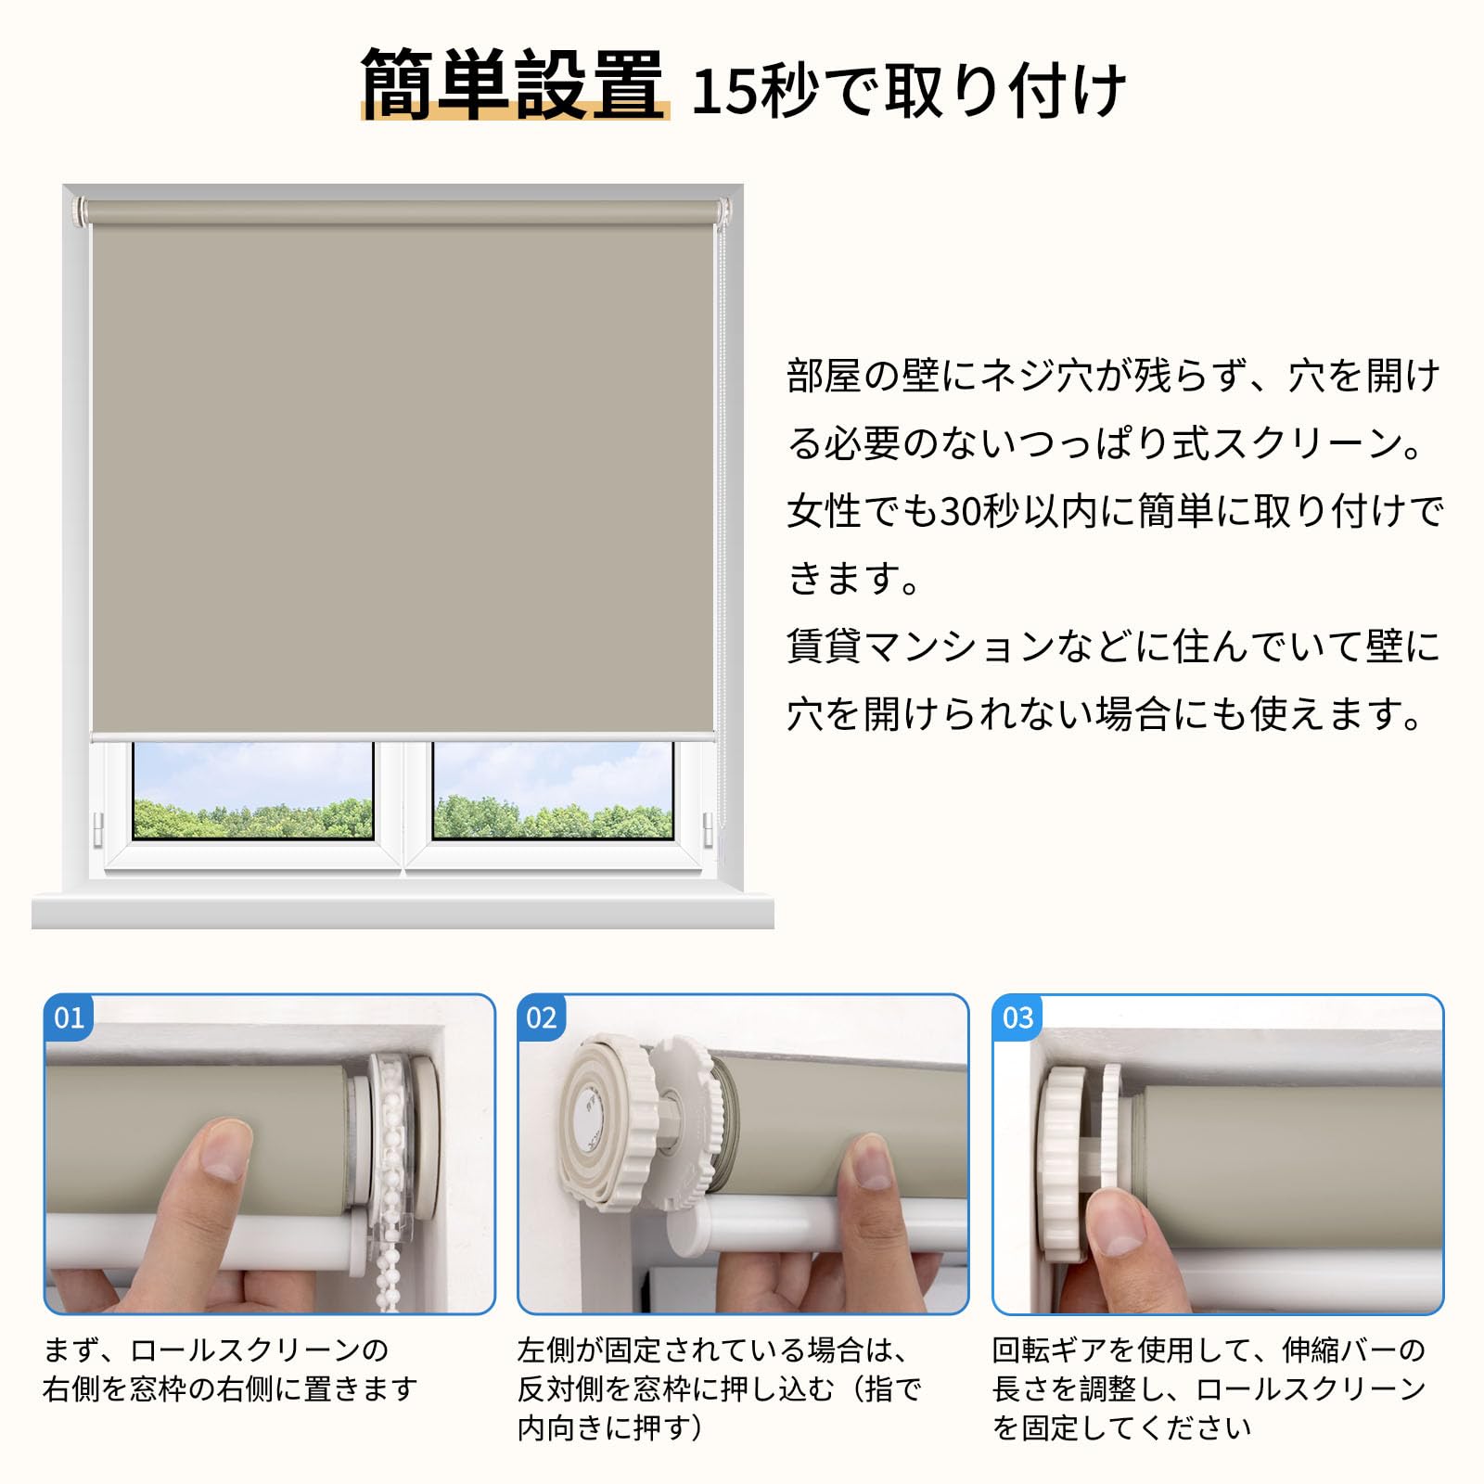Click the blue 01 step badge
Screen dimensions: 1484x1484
tap(69, 1018)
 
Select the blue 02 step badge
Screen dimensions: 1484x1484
tap(542, 1018)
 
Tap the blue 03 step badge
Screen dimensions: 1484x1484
tap(1017, 1018)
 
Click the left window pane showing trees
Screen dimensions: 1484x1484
tap(252, 791)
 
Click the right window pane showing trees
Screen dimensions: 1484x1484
tap(553, 791)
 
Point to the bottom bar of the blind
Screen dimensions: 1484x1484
tap(403, 736)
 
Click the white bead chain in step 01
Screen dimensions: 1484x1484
tap(390, 1196)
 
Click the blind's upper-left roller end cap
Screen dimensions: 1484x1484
tap(80, 211)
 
